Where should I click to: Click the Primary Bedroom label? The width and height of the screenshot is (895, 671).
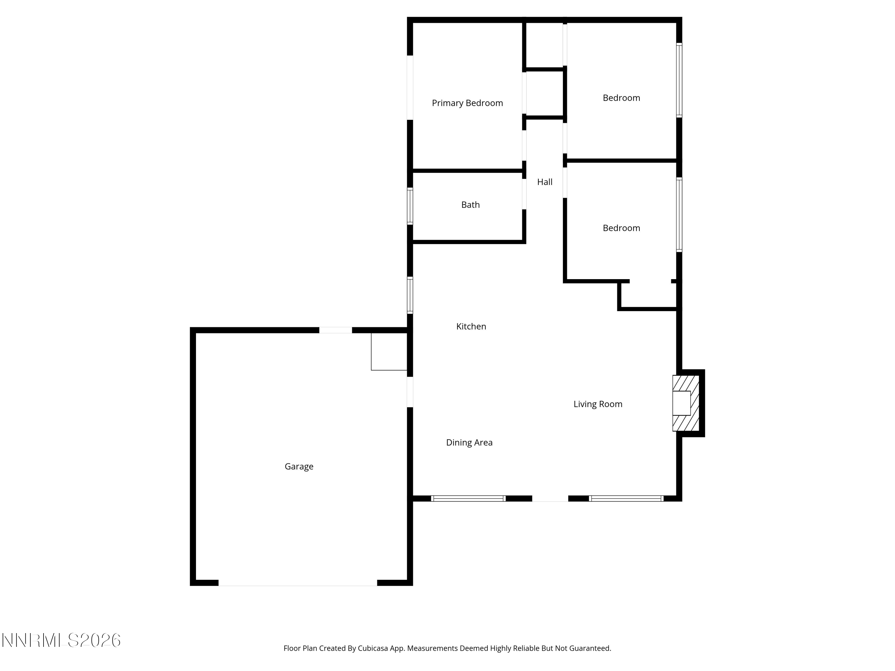pyautogui.click(x=467, y=103)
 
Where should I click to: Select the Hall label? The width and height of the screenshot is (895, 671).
pyautogui.click(x=544, y=182)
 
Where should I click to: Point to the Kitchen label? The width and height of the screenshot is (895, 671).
pyautogui.click(x=471, y=326)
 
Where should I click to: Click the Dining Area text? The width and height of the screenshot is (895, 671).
pyautogui.click(x=469, y=443)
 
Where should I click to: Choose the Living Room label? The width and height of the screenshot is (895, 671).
pyautogui.click(x=598, y=404)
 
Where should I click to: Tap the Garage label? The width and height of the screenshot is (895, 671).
pyautogui.click(x=299, y=466)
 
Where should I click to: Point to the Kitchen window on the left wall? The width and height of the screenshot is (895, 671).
pyautogui.click(x=410, y=295)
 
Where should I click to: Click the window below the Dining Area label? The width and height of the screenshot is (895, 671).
pyautogui.click(x=468, y=498)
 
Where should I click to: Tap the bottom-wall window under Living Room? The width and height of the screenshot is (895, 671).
pyautogui.click(x=626, y=498)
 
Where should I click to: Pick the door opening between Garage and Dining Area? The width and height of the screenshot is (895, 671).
pyautogui.click(x=410, y=392)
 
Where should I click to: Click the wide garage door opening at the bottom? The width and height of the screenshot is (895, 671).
pyautogui.click(x=298, y=583)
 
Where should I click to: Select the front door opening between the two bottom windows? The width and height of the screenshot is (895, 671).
pyautogui.click(x=550, y=498)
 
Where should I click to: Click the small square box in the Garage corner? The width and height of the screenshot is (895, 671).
pyautogui.click(x=389, y=352)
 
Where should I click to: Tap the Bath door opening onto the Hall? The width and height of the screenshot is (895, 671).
pyautogui.click(x=524, y=194)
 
